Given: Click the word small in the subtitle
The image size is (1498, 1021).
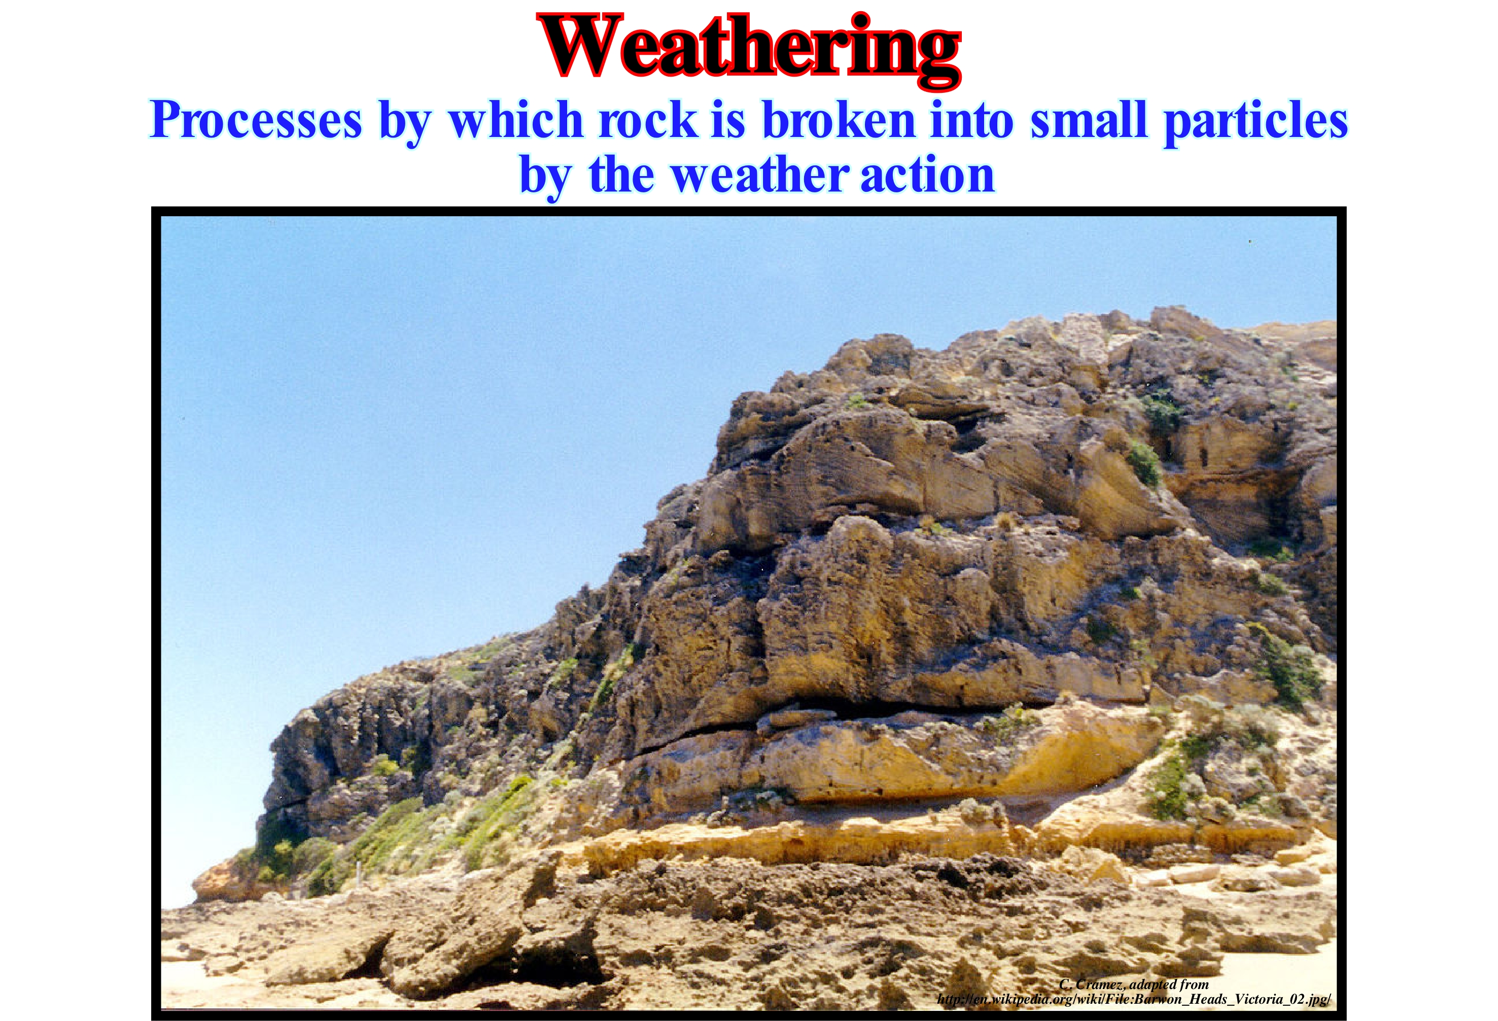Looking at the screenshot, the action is click(x=1089, y=120).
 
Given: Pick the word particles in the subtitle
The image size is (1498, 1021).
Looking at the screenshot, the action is click(x=1256, y=121).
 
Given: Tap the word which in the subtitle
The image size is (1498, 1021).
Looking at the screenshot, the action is click(x=516, y=120).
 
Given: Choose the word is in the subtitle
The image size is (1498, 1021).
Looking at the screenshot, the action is click(x=729, y=120).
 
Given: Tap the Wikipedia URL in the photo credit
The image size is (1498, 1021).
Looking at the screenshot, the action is click(x=1133, y=1000).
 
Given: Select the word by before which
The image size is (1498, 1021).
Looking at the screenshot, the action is click(x=406, y=122).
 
